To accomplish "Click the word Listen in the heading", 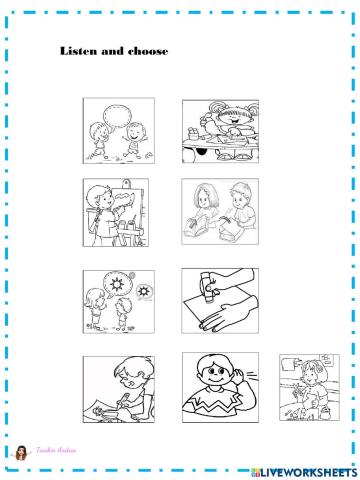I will pos(76,51).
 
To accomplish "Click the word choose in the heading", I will pos(146,51).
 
